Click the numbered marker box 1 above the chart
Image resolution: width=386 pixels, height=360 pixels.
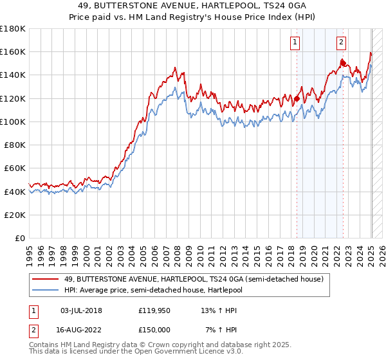[x=295, y=42]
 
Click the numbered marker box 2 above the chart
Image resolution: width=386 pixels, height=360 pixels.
[x=340, y=42]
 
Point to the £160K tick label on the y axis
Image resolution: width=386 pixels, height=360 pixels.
[x=13, y=51]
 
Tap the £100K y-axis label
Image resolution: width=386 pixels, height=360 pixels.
[x=13, y=122]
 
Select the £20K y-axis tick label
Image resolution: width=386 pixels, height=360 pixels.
[x=15, y=215]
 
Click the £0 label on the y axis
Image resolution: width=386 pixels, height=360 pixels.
[x=20, y=238]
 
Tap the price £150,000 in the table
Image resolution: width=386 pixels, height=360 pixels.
[x=154, y=329]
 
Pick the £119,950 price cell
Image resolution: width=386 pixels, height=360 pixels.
[x=154, y=310]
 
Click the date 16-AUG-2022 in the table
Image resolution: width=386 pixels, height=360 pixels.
[x=81, y=329]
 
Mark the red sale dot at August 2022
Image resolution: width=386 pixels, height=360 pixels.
[x=342, y=63]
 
